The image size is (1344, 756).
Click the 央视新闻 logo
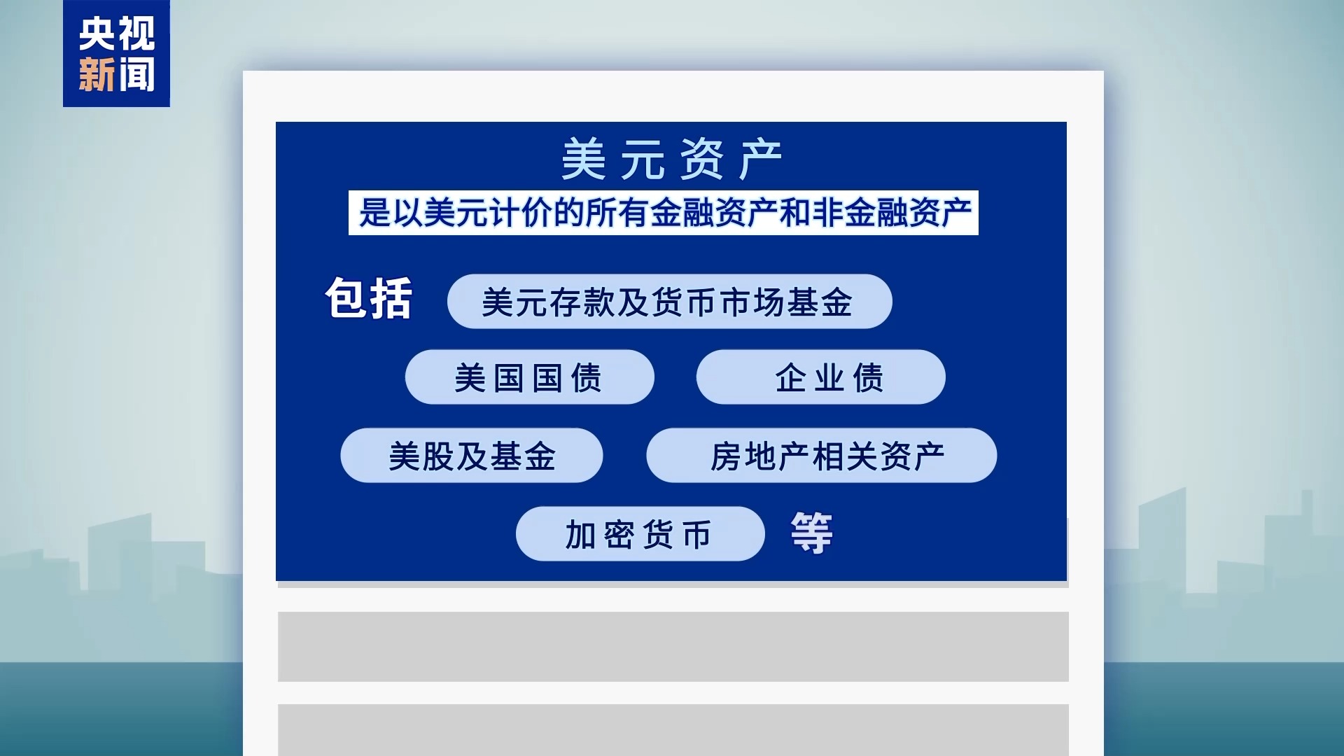click(x=116, y=53)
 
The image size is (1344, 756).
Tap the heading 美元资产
click(x=671, y=159)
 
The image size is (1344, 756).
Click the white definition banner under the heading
click(x=663, y=213)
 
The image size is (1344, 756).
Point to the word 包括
click(x=369, y=299)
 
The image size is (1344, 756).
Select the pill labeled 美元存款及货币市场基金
click(x=669, y=302)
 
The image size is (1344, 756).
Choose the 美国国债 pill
click(x=529, y=377)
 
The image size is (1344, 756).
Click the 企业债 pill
click(x=820, y=377)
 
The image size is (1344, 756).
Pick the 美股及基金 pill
click(x=471, y=456)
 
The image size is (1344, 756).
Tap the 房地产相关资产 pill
click(x=821, y=456)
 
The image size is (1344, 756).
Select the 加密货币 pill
click(x=640, y=534)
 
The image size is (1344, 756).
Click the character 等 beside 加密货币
click(x=812, y=533)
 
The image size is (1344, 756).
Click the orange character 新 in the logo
click(x=97, y=74)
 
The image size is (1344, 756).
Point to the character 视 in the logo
click(x=136, y=34)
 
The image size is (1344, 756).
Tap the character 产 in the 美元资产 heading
click(x=761, y=159)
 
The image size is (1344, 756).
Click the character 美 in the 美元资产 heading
click(x=584, y=159)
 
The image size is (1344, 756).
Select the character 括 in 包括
click(x=391, y=299)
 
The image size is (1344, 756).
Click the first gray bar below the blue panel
click(x=673, y=647)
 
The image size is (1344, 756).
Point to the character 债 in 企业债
click(x=869, y=378)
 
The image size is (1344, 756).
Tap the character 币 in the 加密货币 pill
click(x=697, y=535)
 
